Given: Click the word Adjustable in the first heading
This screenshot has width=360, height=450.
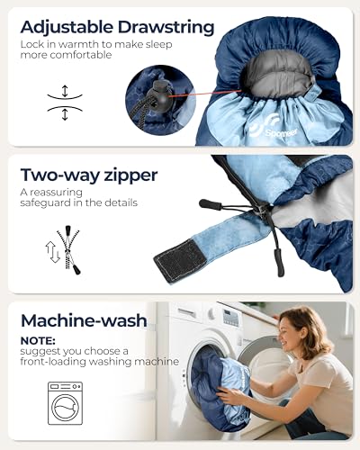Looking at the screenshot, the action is [x=67, y=28].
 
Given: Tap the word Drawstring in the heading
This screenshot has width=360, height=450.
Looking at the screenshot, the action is [x=166, y=28].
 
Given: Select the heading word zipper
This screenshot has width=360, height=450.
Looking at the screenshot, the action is [x=130, y=175].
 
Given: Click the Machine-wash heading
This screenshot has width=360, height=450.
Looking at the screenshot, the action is [x=84, y=320].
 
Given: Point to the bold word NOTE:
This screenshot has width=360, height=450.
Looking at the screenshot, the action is [x=38, y=341].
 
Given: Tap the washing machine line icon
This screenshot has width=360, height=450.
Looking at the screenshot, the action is [x=65, y=403].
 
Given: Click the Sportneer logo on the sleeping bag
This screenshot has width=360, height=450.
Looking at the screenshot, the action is [x=274, y=129].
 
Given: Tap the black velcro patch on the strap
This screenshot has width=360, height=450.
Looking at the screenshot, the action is [x=180, y=260].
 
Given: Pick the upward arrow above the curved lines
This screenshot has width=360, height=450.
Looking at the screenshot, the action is [x=65, y=91].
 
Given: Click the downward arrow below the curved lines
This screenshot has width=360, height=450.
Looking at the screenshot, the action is [x=65, y=115].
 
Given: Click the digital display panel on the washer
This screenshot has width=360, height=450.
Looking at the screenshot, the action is [x=230, y=318].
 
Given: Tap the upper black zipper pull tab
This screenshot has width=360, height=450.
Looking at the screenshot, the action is [x=211, y=204].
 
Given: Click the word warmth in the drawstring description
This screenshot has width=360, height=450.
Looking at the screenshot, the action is [x=78, y=44].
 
